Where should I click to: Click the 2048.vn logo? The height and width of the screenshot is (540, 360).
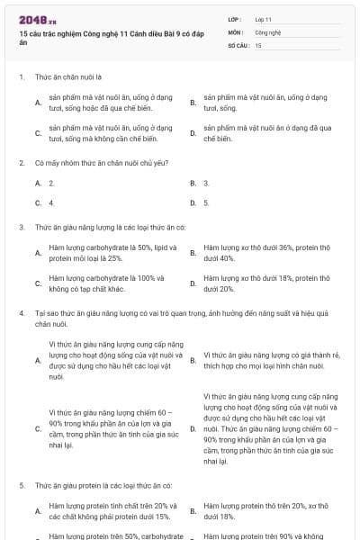pos(37,18)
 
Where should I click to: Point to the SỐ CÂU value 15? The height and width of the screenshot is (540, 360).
pos(258,44)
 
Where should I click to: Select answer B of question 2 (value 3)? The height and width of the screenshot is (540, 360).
pos(206,183)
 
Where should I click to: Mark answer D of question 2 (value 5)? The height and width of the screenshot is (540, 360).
pos(206,202)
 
